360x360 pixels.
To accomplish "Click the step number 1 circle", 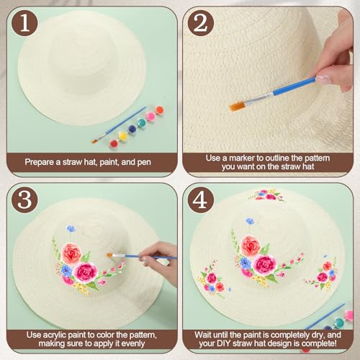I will point(25,23).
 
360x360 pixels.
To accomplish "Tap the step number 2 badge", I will point(201,23).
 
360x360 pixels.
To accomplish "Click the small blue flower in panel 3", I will point(71,228).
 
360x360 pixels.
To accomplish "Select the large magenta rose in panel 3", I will point(85,271).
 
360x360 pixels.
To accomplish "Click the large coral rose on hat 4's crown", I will point(251,246).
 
